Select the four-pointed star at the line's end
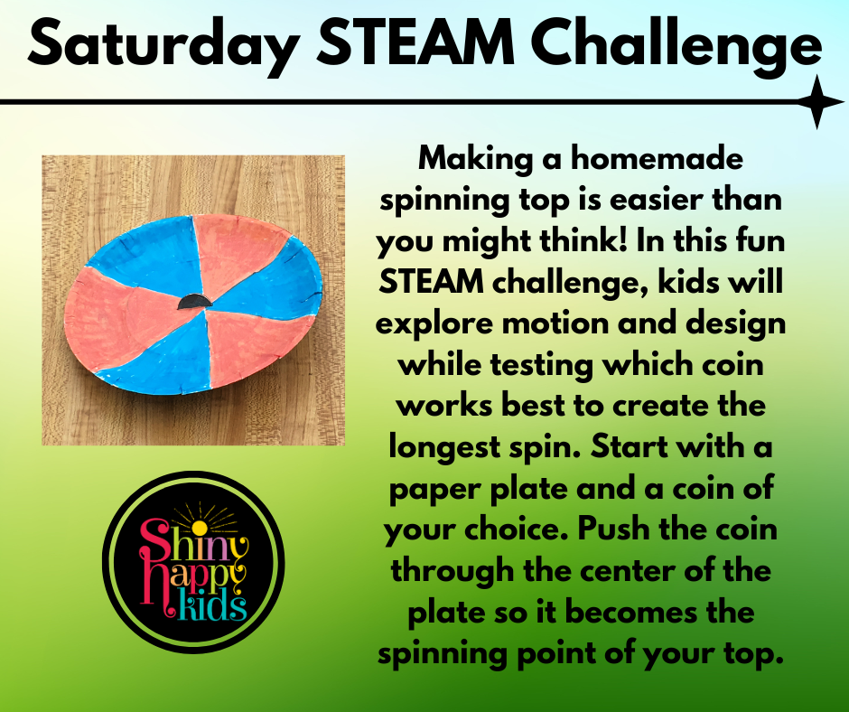(819, 102)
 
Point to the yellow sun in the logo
(200, 528)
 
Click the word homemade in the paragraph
(657, 159)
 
